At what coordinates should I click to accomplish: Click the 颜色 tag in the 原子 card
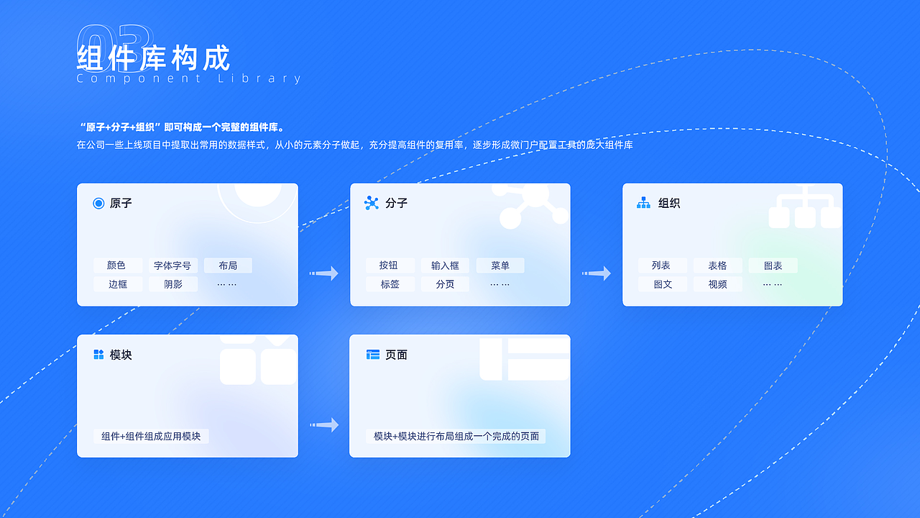point(117,265)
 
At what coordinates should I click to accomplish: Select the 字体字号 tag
point(172,265)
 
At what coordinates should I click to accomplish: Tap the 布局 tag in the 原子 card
point(228,265)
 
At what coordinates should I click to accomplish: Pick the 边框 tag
point(117,284)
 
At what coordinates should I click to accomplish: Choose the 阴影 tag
point(172,284)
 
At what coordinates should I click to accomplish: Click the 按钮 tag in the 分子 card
point(390,265)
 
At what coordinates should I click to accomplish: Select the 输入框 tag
point(445,265)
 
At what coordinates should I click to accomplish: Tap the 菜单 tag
point(500,265)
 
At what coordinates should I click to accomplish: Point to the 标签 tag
point(390,284)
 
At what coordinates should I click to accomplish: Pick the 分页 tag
point(445,284)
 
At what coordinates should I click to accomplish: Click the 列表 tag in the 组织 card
point(662,265)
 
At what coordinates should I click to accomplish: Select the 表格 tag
point(717,265)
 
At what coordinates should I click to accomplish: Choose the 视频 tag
point(717,284)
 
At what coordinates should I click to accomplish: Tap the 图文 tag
point(662,284)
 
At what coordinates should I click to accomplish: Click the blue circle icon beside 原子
point(98,204)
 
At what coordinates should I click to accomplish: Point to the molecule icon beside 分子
point(372,204)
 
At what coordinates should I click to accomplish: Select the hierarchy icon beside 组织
point(643,204)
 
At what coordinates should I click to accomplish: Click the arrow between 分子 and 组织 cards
point(597,273)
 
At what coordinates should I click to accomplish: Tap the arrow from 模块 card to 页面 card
point(324,425)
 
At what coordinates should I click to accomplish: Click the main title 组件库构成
point(153,58)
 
